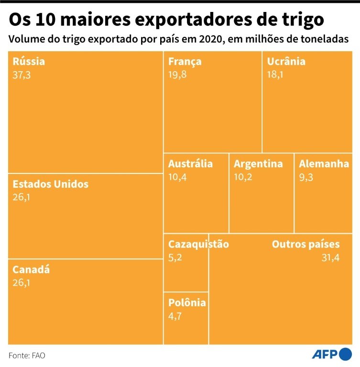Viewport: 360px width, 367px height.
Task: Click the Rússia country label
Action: (29, 61)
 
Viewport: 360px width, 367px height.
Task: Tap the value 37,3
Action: (22, 75)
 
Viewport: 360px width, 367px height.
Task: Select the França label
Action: (185, 61)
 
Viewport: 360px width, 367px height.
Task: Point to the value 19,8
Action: (177, 75)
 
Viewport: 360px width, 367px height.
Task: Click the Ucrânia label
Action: (286, 61)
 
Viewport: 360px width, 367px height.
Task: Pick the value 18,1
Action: (275, 75)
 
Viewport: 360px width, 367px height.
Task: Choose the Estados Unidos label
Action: (50, 184)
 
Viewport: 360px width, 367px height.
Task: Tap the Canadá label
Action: (31, 270)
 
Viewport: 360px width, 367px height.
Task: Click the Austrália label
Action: (190, 164)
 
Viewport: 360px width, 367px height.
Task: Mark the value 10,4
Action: (177, 177)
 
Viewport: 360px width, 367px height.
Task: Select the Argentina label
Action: (258, 164)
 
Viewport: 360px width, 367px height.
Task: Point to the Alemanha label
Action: (324, 164)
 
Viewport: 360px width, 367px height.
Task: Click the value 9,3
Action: (306, 177)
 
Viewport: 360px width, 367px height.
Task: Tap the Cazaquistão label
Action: (198, 245)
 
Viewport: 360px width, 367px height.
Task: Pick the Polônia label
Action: (187, 302)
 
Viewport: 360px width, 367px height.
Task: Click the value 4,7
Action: (175, 315)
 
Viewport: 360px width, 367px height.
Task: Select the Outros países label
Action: (305, 245)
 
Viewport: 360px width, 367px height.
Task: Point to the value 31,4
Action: (330, 258)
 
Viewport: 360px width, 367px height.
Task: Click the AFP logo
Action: (331, 355)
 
